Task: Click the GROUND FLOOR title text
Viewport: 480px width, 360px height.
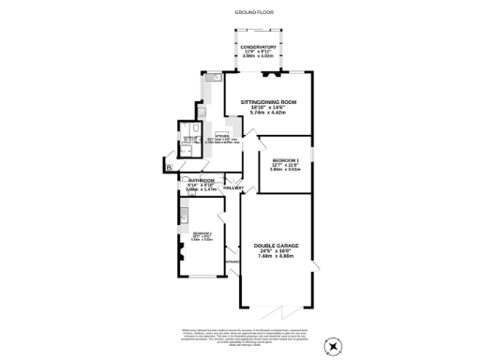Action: [240, 11]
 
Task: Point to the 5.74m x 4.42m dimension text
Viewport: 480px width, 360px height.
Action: [268, 112]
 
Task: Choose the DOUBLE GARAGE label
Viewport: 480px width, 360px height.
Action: [276, 246]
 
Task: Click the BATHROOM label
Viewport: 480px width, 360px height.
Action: [202, 180]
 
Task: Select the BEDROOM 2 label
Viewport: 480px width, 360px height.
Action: [202, 232]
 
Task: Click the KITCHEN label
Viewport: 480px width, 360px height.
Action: [222, 137]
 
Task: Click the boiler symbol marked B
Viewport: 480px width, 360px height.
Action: [169, 167]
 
